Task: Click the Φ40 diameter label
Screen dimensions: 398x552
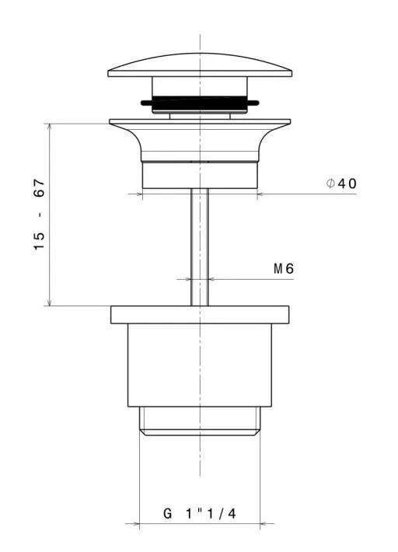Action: [x=341, y=183]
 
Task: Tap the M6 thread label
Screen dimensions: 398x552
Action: [x=284, y=269]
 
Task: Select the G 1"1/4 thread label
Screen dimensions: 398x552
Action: [x=200, y=514]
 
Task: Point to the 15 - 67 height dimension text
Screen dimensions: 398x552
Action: [x=40, y=215]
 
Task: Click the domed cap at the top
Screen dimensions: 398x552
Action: [x=200, y=66]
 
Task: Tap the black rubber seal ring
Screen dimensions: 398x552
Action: [x=200, y=103]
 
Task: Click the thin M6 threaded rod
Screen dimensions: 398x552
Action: [x=200, y=247]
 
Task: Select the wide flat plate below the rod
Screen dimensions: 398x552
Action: [x=200, y=315]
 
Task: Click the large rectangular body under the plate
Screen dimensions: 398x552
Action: [x=200, y=365]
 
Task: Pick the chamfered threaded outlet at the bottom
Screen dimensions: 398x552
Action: [x=200, y=421]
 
